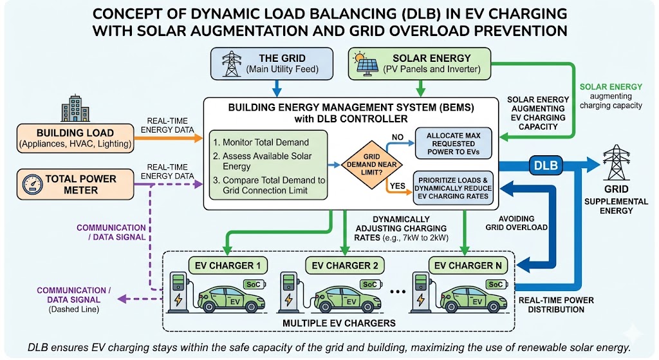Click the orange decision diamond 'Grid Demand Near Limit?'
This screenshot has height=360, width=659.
366,164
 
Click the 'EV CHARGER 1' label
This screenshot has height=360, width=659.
220,265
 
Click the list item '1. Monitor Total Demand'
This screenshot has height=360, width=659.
263,142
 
